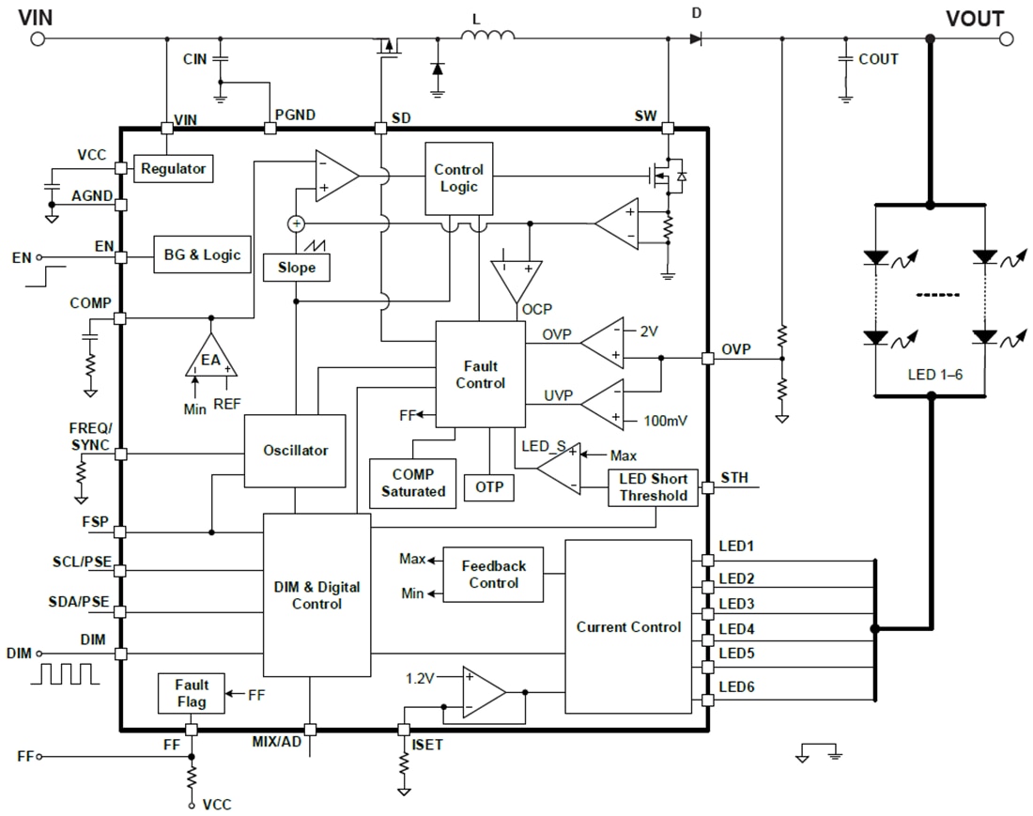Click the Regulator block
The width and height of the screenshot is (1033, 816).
pyautogui.click(x=173, y=169)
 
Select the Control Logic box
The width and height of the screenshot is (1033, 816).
pyautogui.click(x=458, y=177)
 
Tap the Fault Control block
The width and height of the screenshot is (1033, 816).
pyautogui.click(x=480, y=374)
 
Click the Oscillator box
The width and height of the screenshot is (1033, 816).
pyautogui.click(x=295, y=451)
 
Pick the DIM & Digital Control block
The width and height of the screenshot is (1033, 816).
pyautogui.click(x=316, y=595)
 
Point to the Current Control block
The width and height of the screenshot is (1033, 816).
pyautogui.click(x=628, y=626)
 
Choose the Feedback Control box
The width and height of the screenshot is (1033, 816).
pyautogui.click(x=493, y=574)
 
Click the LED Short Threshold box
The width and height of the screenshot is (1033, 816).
pyautogui.click(x=653, y=487)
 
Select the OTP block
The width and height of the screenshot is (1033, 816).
pyautogui.click(x=489, y=487)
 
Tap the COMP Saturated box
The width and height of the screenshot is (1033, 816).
pyautogui.click(x=413, y=484)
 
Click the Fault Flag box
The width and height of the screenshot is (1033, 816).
pyautogui.click(x=191, y=694)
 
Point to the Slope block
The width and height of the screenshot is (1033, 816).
pyautogui.click(x=297, y=268)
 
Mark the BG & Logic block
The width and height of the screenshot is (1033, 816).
pyautogui.click(x=203, y=254)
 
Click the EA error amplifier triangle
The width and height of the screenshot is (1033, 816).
pyautogui.click(x=210, y=357)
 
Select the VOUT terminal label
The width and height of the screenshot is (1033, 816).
pyautogui.click(x=974, y=19)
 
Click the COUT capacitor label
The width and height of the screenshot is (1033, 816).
pyautogui.click(x=878, y=59)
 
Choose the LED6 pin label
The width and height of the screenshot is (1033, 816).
pyautogui.click(x=736, y=687)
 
